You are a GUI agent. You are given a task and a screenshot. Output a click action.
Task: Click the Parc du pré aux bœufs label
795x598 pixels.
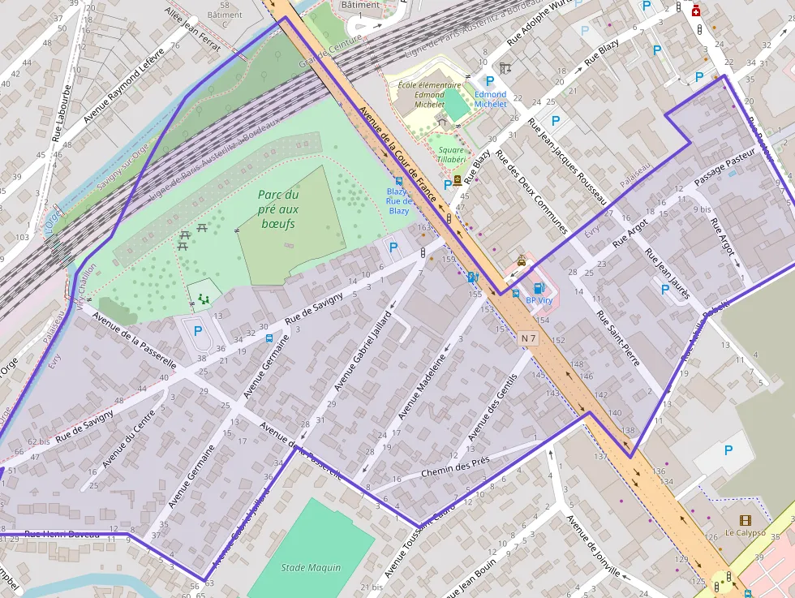point(278,209)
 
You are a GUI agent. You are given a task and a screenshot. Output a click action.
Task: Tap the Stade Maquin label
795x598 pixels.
point(311,568)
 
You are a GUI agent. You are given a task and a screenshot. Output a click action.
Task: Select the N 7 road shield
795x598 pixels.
point(529,338)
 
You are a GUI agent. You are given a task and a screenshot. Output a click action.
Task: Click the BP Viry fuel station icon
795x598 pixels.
point(537,287)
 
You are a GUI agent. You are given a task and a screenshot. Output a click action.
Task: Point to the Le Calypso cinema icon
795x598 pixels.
point(745,520)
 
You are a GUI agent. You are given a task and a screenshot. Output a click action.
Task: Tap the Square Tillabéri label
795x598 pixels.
point(451,154)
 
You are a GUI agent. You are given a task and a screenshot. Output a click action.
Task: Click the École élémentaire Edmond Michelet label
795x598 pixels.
point(429,94)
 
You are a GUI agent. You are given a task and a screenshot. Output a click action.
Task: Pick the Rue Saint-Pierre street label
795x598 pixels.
point(618,338)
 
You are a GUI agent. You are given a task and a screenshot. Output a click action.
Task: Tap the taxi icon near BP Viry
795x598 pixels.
point(521,261)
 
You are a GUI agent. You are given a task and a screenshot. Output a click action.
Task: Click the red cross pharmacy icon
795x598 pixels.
point(695,11)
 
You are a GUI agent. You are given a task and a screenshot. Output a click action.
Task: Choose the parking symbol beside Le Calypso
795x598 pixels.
point(728,450)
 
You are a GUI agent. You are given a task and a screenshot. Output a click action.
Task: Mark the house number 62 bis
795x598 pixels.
point(39,441)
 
